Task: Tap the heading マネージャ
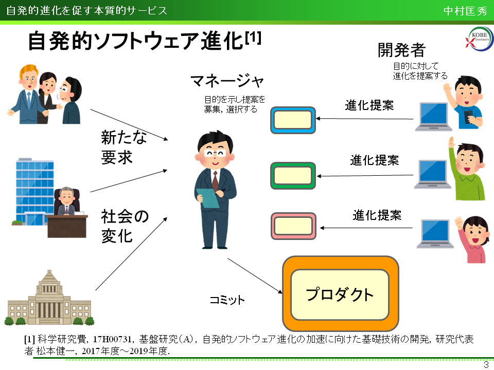[x=227, y=81]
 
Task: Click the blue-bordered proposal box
[x=293, y=120]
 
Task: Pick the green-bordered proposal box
[x=293, y=175]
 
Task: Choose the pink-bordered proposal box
[x=293, y=226]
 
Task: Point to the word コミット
[x=227, y=300]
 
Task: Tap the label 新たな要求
[x=123, y=147]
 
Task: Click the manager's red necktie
[x=215, y=180]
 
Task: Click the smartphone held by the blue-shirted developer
[x=468, y=117]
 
